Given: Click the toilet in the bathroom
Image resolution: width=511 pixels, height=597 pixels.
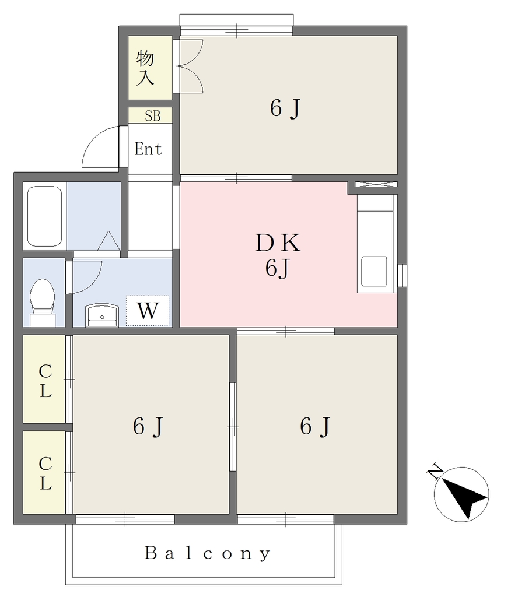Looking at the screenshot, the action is (x=43, y=303).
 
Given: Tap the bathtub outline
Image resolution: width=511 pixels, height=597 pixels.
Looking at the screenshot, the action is (x=45, y=216).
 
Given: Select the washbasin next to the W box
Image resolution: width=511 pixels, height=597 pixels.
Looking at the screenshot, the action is (x=101, y=315).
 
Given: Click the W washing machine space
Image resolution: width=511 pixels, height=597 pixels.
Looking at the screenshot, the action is (x=148, y=311).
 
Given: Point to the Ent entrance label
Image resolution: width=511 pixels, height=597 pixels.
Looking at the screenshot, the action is (x=148, y=149).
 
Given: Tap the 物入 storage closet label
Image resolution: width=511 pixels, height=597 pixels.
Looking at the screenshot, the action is (x=145, y=68).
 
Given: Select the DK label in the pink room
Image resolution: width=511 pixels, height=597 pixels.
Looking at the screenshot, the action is (x=278, y=243).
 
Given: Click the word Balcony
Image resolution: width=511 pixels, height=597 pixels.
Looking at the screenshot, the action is (x=208, y=553).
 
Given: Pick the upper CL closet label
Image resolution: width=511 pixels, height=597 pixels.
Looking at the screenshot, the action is (x=45, y=381).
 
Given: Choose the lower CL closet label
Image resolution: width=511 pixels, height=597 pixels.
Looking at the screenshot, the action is (x=45, y=473).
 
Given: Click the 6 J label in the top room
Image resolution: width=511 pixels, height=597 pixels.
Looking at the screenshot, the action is (x=285, y=108).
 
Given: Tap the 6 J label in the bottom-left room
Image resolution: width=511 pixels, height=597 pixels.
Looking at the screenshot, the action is (x=148, y=426).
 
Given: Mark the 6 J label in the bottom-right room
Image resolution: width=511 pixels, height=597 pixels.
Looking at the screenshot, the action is (x=315, y=426).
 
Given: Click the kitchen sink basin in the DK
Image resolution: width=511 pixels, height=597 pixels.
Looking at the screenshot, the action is (x=374, y=272).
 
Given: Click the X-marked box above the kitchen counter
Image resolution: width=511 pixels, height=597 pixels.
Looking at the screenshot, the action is (x=376, y=184).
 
